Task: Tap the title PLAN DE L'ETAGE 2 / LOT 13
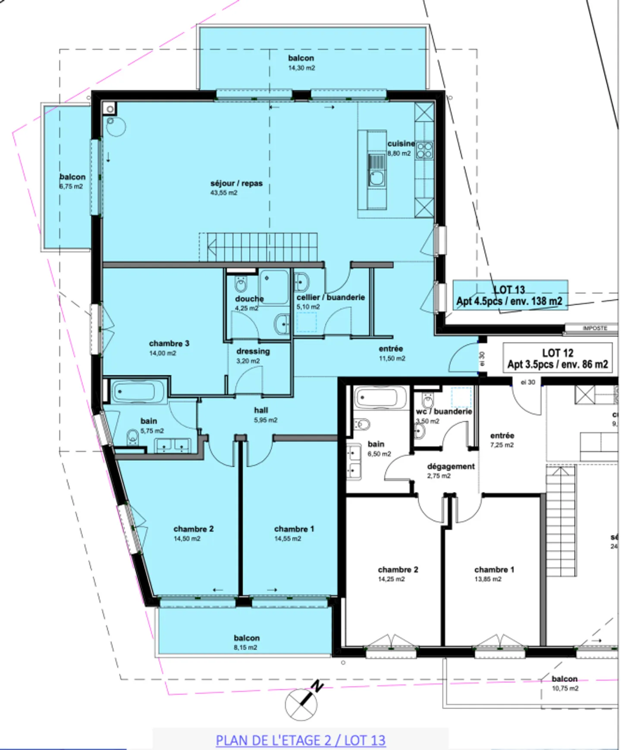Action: click(301, 741)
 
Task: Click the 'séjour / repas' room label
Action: click(236, 183)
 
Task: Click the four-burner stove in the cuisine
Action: click(424, 150)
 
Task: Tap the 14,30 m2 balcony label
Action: click(301, 68)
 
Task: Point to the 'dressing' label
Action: click(253, 351)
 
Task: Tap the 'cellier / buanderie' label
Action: click(330, 297)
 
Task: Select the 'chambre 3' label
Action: click(169, 343)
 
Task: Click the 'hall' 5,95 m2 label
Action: click(261, 410)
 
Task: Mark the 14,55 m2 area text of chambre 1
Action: click(288, 539)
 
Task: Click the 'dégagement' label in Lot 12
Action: click(451, 466)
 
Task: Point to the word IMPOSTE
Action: click(595, 328)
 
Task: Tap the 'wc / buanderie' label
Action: click(444, 412)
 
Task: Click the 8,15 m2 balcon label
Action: click(246, 647)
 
